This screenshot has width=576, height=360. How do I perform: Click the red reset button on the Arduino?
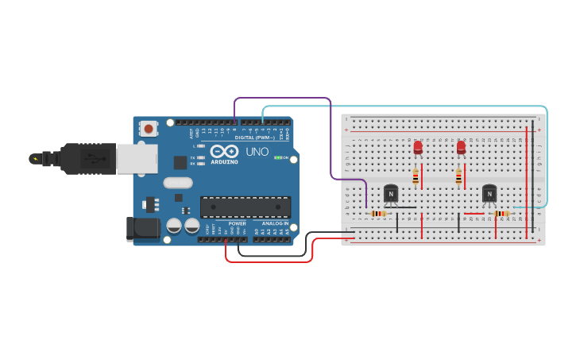(149, 128)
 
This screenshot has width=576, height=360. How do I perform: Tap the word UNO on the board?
(257, 151)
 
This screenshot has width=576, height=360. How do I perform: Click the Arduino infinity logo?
(224, 151)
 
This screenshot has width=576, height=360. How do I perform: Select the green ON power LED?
(277, 157)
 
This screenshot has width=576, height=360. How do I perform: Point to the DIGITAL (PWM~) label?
(254, 137)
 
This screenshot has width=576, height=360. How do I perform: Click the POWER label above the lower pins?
(237, 223)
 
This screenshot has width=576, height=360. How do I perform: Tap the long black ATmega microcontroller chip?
(245, 207)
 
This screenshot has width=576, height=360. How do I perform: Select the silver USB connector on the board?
(137, 158)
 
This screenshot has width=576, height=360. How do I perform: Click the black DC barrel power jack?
(143, 228)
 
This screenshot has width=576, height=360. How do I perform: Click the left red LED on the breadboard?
(418, 147)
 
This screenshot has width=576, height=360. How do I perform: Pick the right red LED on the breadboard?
(461, 147)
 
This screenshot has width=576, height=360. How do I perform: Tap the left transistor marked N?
(391, 193)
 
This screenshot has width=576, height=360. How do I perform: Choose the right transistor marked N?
(489, 193)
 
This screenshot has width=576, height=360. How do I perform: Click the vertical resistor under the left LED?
(416, 177)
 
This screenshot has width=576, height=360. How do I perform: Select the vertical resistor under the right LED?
(458, 177)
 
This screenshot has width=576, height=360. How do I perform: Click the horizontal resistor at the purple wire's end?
(379, 213)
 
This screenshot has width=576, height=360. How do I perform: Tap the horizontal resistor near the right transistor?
(501, 213)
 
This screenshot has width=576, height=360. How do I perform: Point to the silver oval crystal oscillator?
(178, 183)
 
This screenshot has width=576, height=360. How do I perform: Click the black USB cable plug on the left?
(87, 158)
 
